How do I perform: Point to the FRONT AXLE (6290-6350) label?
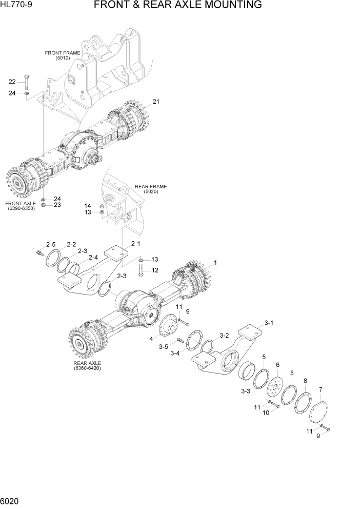point(21,206)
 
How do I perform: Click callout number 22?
point(12,81)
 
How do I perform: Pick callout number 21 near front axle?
point(156,102)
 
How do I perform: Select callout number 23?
point(57,205)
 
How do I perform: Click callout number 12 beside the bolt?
point(154,270)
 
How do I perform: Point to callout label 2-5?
point(51,244)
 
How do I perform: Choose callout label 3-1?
point(269,323)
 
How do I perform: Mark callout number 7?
point(321,390)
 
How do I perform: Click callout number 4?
point(151,339)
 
